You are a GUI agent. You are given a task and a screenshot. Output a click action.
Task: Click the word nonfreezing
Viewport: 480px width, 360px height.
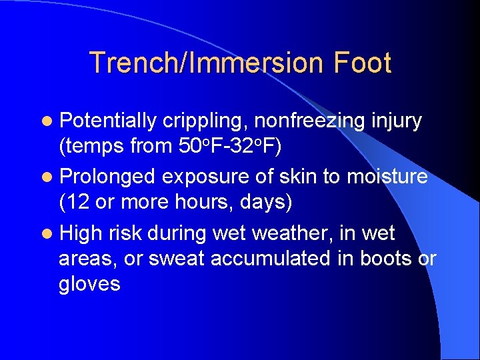tap(310, 121)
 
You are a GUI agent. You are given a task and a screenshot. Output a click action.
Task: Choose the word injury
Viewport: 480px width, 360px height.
tap(397, 121)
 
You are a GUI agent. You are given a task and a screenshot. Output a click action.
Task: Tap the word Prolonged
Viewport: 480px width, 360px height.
tap(109, 176)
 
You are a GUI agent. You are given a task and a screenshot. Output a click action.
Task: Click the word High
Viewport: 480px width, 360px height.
tap(80, 233)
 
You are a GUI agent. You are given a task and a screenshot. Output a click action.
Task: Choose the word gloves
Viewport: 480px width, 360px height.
tap(89, 283)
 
